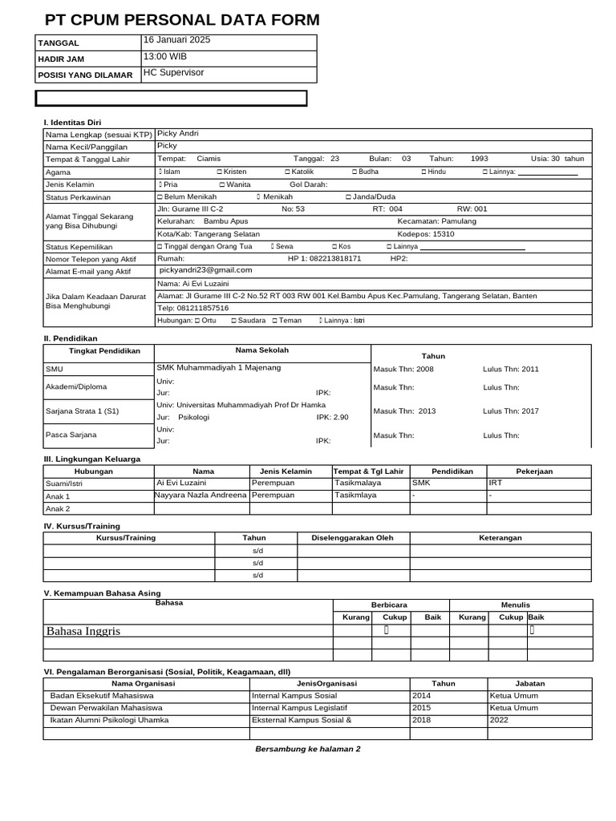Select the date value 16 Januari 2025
point(176,40)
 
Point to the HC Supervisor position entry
point(173,73)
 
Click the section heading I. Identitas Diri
point(72,121)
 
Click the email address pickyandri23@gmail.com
point(206,271)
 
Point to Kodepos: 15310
point(426,234)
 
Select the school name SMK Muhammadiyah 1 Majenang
point(219,368)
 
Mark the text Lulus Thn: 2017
point(511,411)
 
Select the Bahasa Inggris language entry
point(83,631)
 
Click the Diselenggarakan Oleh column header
point(352,538)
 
